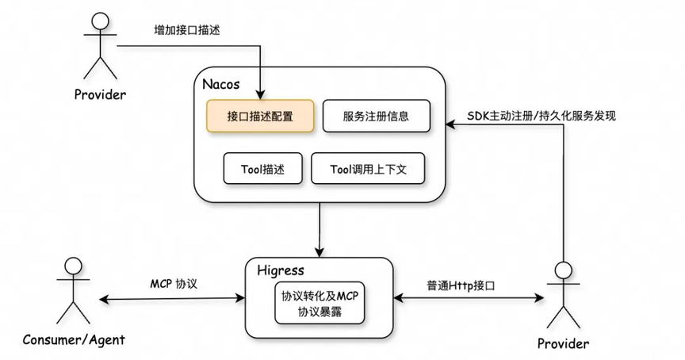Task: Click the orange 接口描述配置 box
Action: click(x=260, y=117)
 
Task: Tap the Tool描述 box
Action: click(x=262, y=169)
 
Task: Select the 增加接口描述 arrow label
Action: click(x=186, y=31)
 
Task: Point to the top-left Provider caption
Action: click(x=100, y=95)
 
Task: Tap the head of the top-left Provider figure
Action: click(x=98, y=21)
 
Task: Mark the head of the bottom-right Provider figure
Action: click(x=563, y=268)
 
